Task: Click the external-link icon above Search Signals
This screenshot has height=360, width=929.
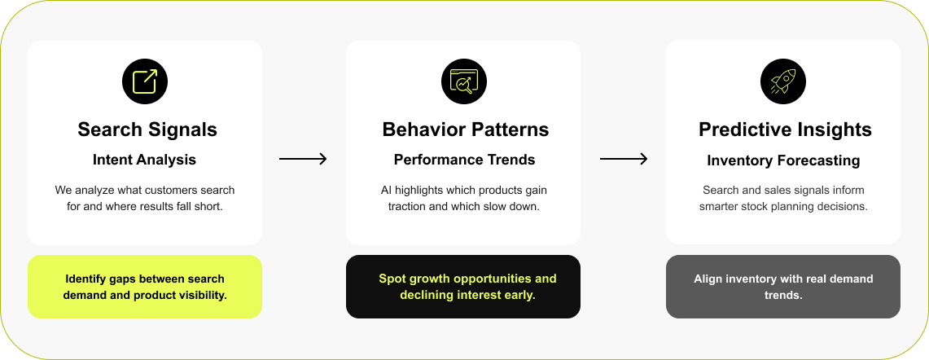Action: point(145,81)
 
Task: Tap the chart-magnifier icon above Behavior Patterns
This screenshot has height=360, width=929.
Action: point(464,81)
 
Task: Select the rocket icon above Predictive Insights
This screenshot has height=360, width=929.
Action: point(783,81)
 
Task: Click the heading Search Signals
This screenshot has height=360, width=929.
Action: point(147,130)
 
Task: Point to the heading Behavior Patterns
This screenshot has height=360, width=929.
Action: point(466,130)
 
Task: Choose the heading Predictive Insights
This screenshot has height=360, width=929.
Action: point(785,130)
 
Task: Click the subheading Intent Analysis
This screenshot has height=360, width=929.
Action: point(145,160)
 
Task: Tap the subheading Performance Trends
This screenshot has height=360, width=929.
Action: point(464,160)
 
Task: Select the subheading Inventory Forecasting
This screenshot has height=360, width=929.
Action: point(784,160)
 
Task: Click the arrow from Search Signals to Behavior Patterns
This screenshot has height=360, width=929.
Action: point(304,158)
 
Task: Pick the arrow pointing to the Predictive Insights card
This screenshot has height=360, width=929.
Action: point(624,158)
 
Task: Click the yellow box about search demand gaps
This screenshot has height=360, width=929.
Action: point(145,287)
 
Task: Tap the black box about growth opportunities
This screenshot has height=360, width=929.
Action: point(463,287)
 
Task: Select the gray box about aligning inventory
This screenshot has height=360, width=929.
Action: point(783,287)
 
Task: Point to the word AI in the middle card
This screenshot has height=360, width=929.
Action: point(387,191)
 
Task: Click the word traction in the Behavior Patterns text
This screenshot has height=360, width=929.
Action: point(409,207)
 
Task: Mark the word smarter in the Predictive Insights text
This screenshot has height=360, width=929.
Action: point(719,207)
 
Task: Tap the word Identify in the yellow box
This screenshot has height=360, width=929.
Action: point(84,279)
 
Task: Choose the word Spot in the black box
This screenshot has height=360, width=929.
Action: point(391,279)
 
